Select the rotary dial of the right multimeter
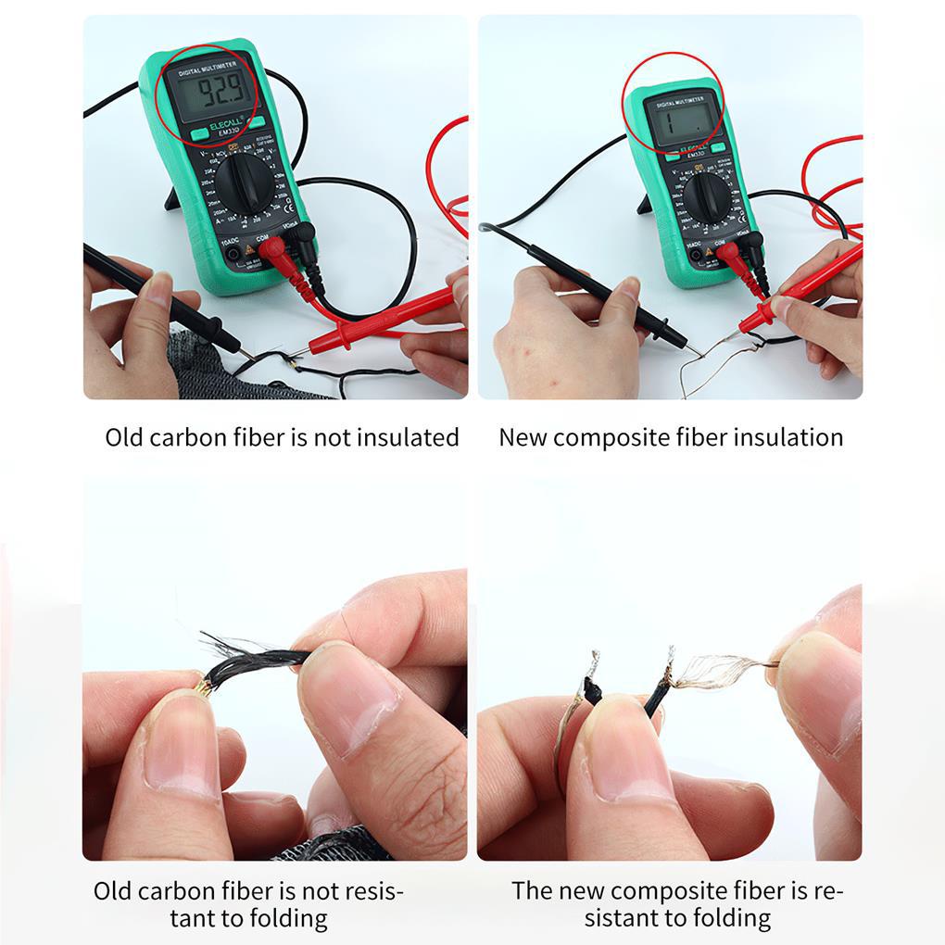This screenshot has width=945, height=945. click(x=707, y=195)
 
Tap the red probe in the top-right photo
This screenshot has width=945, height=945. click(x=797, y=287)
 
